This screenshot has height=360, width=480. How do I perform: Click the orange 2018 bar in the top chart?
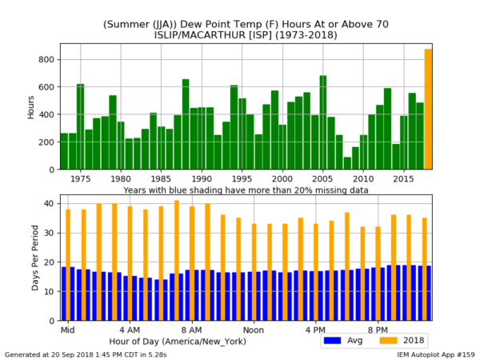click(428, 110)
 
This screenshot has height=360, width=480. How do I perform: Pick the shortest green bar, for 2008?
click(347, 163)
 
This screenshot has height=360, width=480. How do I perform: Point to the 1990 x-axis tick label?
click(202, 179)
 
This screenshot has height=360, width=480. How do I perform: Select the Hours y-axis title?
click(30, 106)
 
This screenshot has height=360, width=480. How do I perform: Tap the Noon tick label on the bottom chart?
click(254, 330)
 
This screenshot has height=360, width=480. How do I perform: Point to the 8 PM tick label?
click(378, 330)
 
